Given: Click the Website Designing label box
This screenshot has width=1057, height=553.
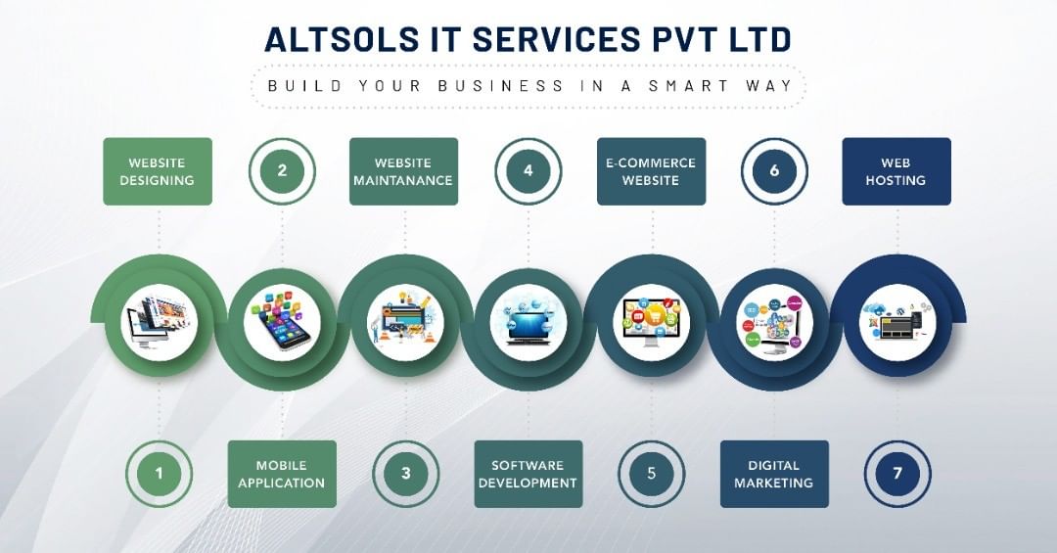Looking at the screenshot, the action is [x=158, y=171].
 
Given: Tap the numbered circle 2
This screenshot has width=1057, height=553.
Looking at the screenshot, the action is [x=282, y=171].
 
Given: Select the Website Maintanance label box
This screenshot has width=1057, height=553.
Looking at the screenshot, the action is [x=403, y=171].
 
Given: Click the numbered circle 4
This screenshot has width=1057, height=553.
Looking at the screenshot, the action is [x=528, y=171].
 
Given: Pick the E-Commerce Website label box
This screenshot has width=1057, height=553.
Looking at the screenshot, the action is [x=651, y=171].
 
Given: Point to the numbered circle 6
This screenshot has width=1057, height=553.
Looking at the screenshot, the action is [x=774, y=171].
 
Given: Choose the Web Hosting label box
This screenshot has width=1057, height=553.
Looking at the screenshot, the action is [x=896, y=171].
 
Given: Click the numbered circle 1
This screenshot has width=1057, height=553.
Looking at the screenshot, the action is [x=159, y=475].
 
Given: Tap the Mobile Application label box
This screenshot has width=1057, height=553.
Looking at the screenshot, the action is [x=282, y=475].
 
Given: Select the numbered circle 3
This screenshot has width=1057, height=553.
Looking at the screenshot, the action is [x=405, y=475].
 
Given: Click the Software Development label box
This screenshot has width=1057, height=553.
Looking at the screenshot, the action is [x=528, y=475].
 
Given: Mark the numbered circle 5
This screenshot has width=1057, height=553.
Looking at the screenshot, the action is [x=651, y=475].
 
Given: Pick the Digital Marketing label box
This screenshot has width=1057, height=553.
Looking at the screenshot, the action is [x=774, y=475].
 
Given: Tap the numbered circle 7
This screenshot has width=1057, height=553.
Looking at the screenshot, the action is [x=896, y=475].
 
